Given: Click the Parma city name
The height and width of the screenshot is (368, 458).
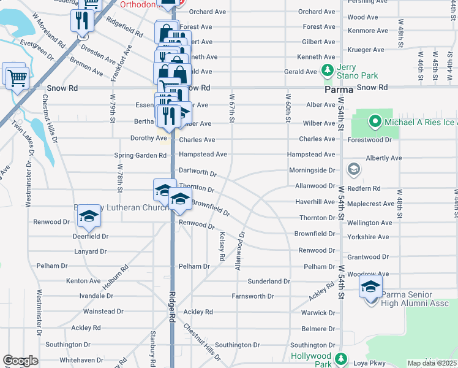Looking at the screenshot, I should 339,89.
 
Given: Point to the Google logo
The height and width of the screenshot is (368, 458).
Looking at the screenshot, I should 20,361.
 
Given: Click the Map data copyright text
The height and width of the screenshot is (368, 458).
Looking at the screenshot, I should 432,363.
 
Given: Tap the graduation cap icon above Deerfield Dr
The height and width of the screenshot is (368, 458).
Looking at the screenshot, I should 88,217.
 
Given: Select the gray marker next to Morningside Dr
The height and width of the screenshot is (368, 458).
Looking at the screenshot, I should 353,169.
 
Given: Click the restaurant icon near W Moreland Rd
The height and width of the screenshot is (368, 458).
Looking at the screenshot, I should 81,20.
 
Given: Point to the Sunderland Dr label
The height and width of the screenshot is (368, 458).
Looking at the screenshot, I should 268,282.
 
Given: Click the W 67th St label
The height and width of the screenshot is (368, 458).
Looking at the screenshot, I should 232,107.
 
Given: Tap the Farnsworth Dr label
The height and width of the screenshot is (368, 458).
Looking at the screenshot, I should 252,296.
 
